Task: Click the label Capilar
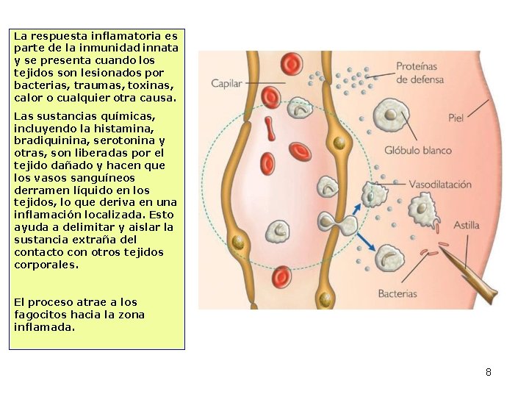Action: click(226, 84)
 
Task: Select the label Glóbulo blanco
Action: click(417, 151)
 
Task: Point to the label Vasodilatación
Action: click(440, 185)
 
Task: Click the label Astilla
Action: click(466, 225)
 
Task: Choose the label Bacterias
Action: click(397, 293)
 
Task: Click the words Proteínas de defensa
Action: click(417, 72)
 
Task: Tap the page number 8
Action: click(488, 372)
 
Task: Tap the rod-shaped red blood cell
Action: click(270, 128)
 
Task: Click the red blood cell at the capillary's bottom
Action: click(282, 277)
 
